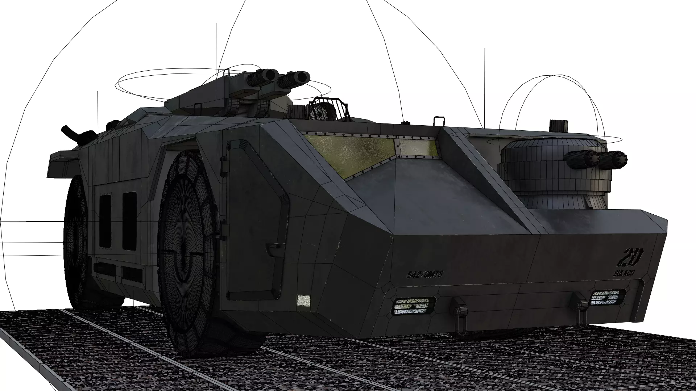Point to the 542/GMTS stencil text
click(424, 274)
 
